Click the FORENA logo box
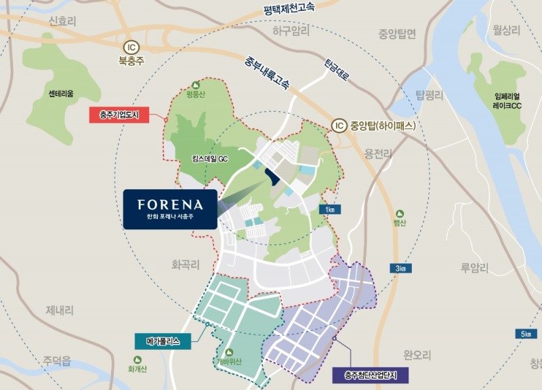[170, 209]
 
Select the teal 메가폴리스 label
[163, 343]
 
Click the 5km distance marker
[526, 334]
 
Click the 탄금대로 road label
[337, 68]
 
